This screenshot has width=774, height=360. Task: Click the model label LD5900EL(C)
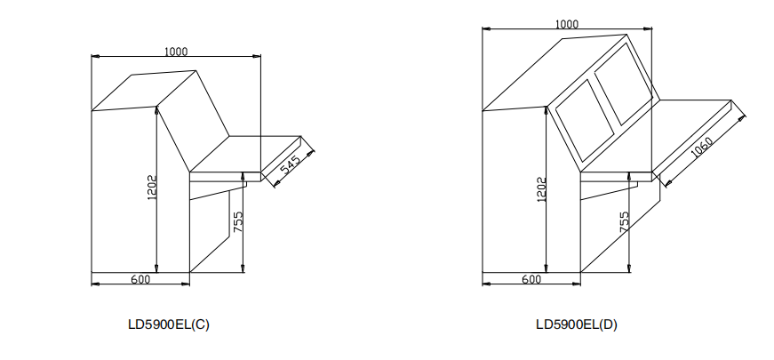click(169, 324)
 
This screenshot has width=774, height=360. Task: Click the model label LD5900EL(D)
click(577, 324)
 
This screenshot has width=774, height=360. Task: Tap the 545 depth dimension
click(291, 164)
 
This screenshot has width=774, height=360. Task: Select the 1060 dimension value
click(701, 148)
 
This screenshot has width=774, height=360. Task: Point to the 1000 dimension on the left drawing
click(176, 52)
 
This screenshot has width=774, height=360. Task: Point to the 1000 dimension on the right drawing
click(567, 24)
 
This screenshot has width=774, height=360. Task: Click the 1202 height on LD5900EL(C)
click(152, 188)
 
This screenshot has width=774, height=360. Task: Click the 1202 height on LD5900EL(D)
click(541, 189)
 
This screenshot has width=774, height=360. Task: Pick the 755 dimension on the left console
click(238, 221)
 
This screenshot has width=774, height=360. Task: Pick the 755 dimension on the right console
click(625, 221)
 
